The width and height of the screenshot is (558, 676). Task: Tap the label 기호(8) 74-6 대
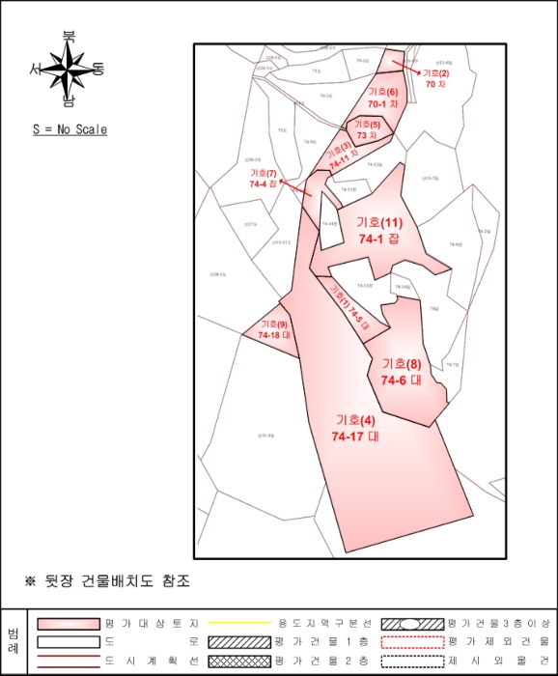(402, 372)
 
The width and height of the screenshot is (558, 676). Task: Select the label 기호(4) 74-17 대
(354, 428)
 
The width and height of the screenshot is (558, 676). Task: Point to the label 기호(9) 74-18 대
(274, 329)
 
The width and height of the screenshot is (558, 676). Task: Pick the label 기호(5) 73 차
(367, 129)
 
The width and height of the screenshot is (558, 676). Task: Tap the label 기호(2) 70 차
(437, 78)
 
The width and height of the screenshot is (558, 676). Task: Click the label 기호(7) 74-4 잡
(263, 179)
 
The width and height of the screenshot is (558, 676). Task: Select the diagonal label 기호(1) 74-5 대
(349, 308)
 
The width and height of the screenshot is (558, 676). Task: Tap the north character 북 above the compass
(69, 38)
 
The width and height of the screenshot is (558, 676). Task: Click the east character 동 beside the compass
(98, 69)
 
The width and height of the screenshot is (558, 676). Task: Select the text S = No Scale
(70, 129)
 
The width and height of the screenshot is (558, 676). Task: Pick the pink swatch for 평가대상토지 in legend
(70, 624)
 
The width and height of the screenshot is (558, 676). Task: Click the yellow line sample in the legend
(236, 624)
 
